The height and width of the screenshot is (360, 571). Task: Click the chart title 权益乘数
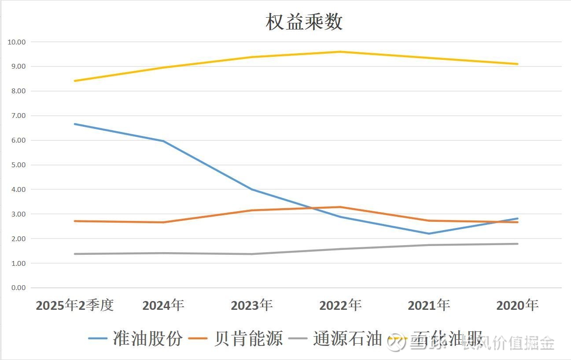coord(304,22)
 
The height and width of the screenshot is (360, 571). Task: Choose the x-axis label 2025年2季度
coord(75,305)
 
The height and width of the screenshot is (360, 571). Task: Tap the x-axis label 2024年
coord(163,305)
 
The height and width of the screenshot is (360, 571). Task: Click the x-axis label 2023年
coord(252,305)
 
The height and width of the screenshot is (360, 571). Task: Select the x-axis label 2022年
coord(340,305)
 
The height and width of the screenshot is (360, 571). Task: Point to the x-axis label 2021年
coord(429,305)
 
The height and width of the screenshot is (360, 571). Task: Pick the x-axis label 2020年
coord(517,305)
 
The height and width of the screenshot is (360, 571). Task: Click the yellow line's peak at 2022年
coord(340,52)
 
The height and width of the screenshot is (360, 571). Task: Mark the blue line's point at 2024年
coord(163,141)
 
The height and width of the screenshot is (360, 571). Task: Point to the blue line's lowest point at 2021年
coord(429,234)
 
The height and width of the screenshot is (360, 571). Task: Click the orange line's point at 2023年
coord(252,210)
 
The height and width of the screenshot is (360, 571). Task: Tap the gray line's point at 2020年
coord(517,244)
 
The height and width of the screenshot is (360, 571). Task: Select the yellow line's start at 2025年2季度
coord(75,81)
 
